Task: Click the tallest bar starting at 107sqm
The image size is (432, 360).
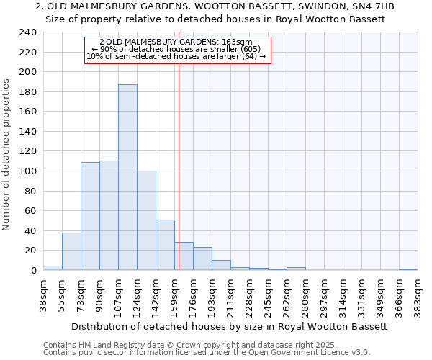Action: (x=127, y=177)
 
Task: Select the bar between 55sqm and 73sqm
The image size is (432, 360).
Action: (x=71, y=251)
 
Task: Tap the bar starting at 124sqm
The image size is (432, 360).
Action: (x=146, y=220)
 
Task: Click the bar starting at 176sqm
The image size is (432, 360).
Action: (x=202, y=258)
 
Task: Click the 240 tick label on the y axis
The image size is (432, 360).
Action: (x=28, y=32)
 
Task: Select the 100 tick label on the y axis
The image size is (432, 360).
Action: (x=28, y=171)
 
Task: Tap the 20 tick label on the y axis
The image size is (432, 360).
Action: (x=31, y=251)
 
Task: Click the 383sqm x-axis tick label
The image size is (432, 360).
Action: (x=418, y=295)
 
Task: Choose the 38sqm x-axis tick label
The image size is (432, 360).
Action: (x=43, y=295)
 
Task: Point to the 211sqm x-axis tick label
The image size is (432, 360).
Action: (x=230, y=295)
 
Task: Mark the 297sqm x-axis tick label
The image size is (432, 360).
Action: (x=324, y=295)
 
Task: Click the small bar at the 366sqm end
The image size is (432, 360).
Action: (x=408, y=269)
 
